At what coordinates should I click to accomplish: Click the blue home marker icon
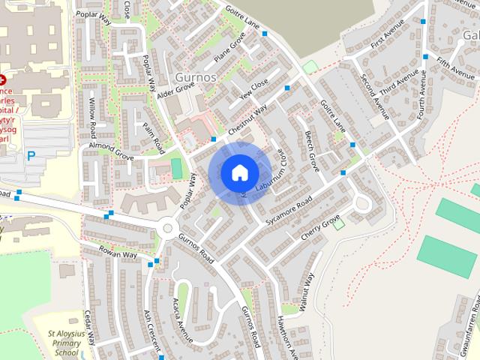coord(239,172)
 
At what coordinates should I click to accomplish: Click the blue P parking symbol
coord(31,156)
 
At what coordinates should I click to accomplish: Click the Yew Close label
coord(253,91)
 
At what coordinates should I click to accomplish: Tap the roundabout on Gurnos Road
coord(166,229)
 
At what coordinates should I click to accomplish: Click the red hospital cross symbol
coord(3,78)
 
